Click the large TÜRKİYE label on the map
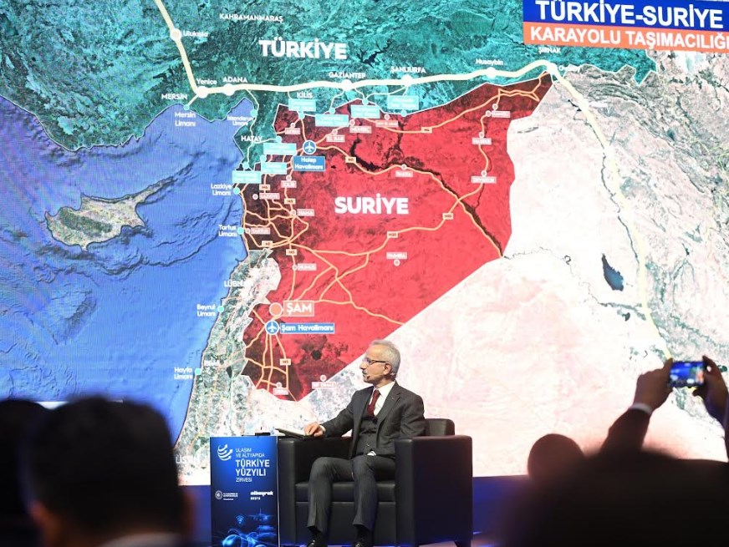pyautogui.click(x=303, y=48)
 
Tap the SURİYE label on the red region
pyautogui.click(x=371, y=205)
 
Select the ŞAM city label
pyautogui.click(x=298, y=308)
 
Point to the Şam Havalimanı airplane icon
pyautogui.click(x=273, y=327)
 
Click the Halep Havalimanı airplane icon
pyautogui.click(x=309, y=147)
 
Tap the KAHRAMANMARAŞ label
pyautogui.click(x=251, y=18)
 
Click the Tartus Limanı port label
pyautogui.click(x=228, y=230)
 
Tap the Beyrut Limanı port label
pyautogui.click(x=206, y=310)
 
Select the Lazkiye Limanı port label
pyautogui.click(x=222, y=190)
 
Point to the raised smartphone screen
pyautogui.click(x=686, y=373)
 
